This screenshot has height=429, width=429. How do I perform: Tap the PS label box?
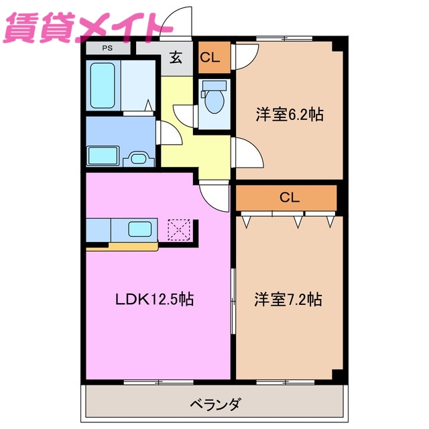click(x=107, y=48)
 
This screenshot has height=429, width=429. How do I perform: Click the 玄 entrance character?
click(x=176, y=58)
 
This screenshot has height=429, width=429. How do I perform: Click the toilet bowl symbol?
click(x=215, y=101)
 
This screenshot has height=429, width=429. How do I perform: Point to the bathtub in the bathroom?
click(x=104, y=85)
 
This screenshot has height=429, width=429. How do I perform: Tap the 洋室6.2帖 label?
click(x=289, y=115)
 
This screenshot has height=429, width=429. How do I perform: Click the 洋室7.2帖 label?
click(x=288, y=299)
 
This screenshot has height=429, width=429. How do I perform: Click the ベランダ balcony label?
click(x=215, y=404)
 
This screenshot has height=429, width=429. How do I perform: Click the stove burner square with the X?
click(x=180, y=229)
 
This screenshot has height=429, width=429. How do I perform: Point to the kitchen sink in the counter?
click(x=139, y=229)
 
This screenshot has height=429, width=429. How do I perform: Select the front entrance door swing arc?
click(x=176, y=20)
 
